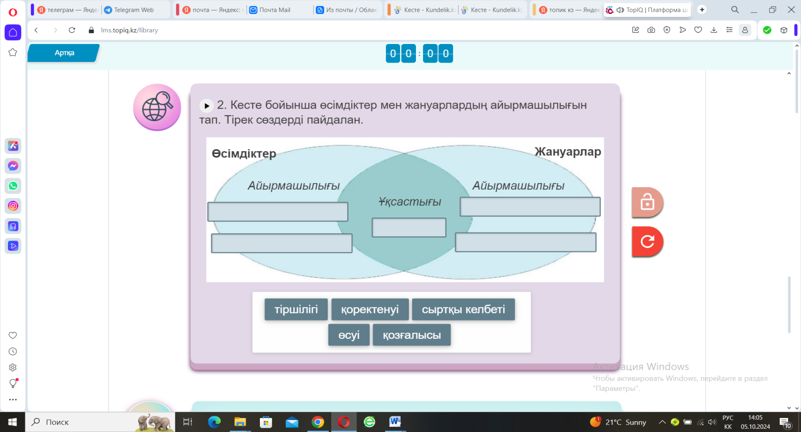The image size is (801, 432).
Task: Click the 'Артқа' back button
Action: (x=64, y=53)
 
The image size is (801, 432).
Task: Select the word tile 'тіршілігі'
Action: (x=296, y=309)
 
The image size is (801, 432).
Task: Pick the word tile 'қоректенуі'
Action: (x=370, y=309)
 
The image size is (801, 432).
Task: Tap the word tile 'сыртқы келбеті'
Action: (x=463, y=309)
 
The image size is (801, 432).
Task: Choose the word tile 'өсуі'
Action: (x=349, y=335)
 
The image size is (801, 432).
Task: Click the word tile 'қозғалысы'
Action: (x=412, y=335)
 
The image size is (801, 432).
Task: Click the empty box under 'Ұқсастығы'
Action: (x=409, y=227)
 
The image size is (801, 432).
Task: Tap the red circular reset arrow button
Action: (x=647, y=242)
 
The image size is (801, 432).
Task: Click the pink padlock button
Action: (x=647, y=202)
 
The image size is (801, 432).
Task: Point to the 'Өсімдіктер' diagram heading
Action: (x=244, y=154)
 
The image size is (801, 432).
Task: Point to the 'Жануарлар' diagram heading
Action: (x=568, y=152)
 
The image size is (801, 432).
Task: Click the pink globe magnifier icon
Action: (x=157, y=107)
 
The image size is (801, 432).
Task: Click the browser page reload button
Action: (x=72, y=30)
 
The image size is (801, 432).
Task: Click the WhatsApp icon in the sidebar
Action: (x=13, y=186)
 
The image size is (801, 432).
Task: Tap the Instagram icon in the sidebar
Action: (x=13, y=206)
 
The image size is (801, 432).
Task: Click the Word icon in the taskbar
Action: (x=395, y=422)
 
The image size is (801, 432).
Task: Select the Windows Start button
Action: (x=12, y=422)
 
